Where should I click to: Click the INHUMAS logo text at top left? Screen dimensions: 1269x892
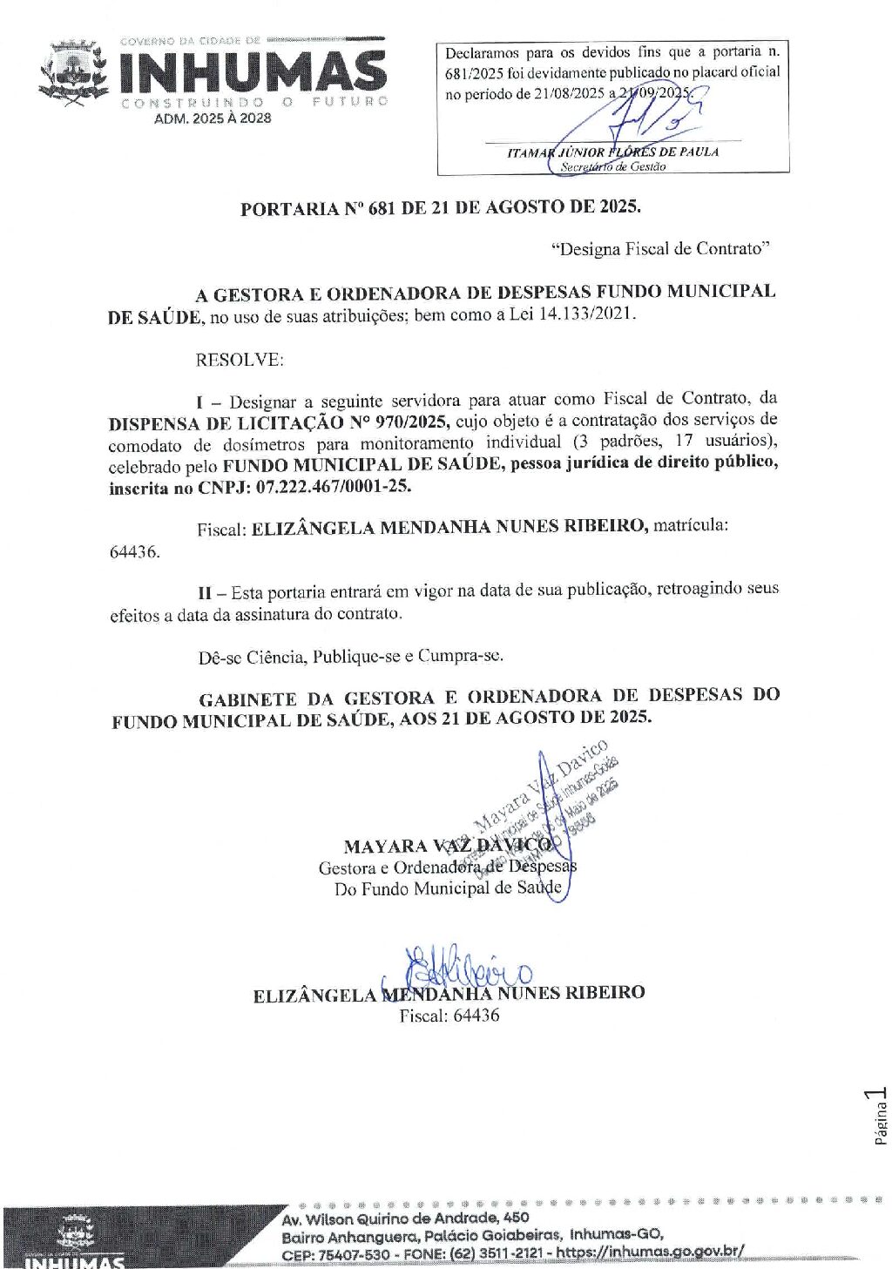(253, 71)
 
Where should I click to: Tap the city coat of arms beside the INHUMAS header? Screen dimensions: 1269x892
(73, 73)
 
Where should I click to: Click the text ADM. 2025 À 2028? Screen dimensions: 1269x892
(213, 118)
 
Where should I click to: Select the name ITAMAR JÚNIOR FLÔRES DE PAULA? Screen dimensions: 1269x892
(612, 152)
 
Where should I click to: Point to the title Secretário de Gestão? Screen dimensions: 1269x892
(612, 166)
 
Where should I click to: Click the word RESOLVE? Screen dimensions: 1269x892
(239, 360)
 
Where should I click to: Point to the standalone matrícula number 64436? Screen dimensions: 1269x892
(134, 552)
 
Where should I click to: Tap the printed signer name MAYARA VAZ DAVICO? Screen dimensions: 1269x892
(447, 846)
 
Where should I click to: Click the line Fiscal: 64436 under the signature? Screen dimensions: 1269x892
(449, 1015)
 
